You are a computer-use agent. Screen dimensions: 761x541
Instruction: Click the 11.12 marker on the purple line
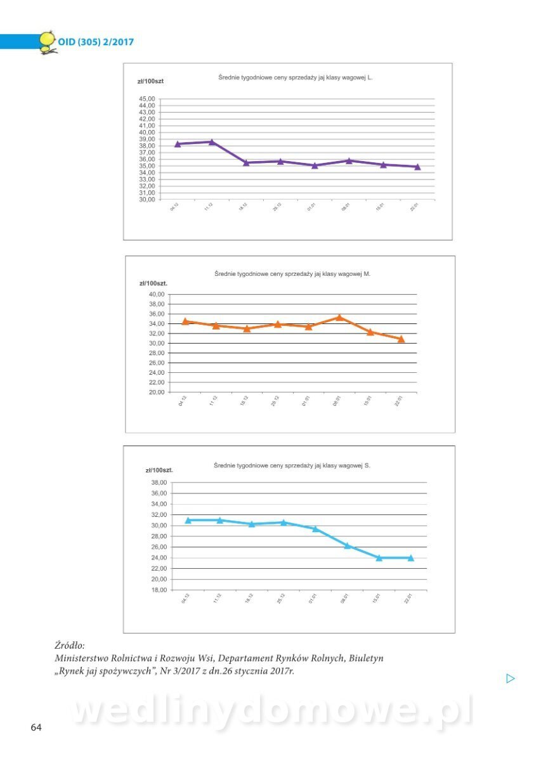pyautogui.click(x=212, y=142)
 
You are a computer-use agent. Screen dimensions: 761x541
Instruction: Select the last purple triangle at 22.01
pyautogui.click(x=417, y=167)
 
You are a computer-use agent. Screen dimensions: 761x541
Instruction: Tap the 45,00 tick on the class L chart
pyautogui.click(x=147, y=99)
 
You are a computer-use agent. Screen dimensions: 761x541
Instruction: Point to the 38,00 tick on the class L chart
pyautogui.click(x=147, y=146)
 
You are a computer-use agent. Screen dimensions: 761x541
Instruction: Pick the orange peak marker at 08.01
pyautogui.click(x=339, y=317)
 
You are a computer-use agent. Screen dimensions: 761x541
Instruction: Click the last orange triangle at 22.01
pyautogui.click(x=401, y=339)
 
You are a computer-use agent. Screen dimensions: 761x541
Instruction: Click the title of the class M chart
pyautogui.click(x=292, y=274)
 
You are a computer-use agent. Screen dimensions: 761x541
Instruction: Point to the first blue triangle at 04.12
pyautogui.click(x=188, y=520)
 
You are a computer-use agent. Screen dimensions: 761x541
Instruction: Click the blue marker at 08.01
pyautogui.click(x=347, y=545)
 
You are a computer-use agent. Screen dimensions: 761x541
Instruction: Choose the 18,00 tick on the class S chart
pyautogui.click(x=159, y=590)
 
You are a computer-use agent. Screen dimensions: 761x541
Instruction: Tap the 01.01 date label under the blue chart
pyautogui.click(x=313, y=599)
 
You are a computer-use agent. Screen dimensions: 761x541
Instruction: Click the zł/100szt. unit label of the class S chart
pyautogui.click(x=159, y=470)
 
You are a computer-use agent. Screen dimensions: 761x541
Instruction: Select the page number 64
pyautogui.click(x=36, y=727)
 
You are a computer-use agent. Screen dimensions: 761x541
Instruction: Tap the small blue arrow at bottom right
pyautogui.click(x=511, y=679)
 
